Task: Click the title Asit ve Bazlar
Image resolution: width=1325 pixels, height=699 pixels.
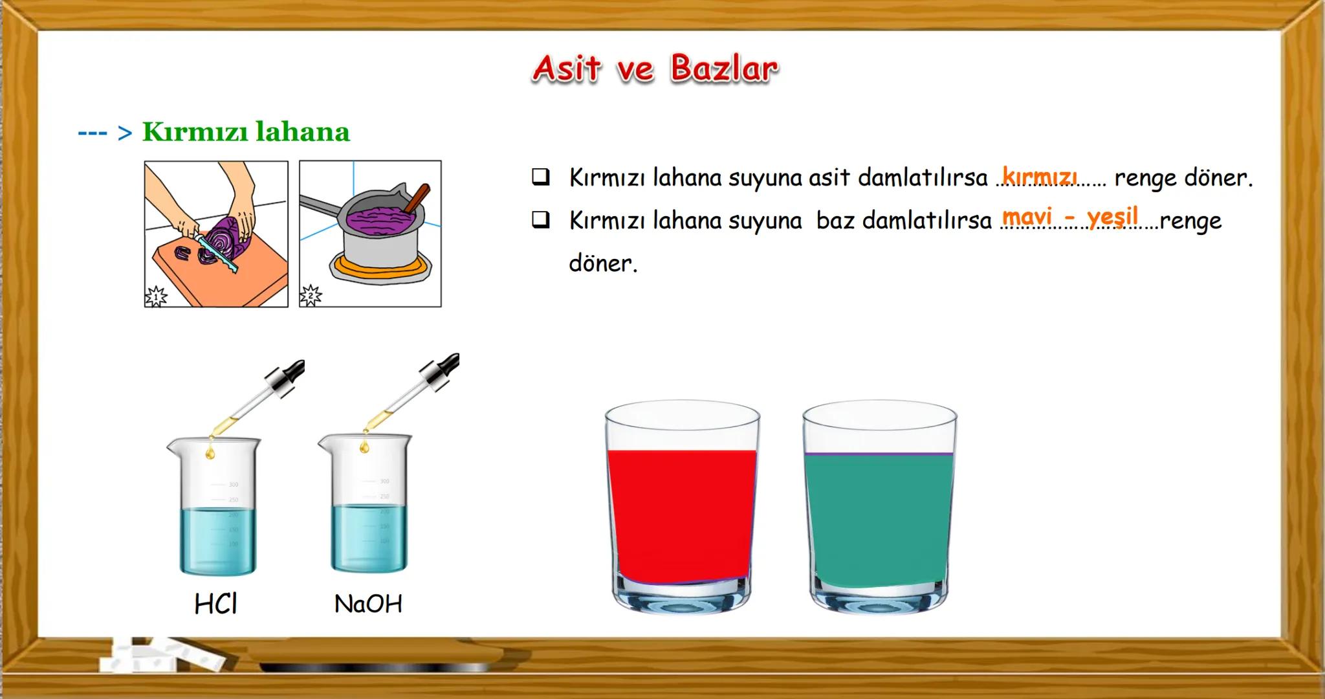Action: (655, 69)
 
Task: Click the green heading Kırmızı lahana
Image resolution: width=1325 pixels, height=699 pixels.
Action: (246, 132)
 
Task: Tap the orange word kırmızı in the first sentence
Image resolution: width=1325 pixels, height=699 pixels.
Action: (1040, 176)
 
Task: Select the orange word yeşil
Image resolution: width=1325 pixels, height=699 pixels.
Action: (1112, 217)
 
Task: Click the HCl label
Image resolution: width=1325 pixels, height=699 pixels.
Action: (215, 604)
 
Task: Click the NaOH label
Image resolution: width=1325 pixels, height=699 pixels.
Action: (368, 604)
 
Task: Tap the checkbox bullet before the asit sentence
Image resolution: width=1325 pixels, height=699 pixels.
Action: (541, 177)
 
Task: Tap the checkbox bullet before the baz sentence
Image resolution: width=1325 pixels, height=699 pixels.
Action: (541, 220)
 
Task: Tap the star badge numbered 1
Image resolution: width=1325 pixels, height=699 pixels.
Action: (156, 296)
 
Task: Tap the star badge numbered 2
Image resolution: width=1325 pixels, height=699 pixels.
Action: (311, 295)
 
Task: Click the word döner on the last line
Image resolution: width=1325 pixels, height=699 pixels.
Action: (603, 263)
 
